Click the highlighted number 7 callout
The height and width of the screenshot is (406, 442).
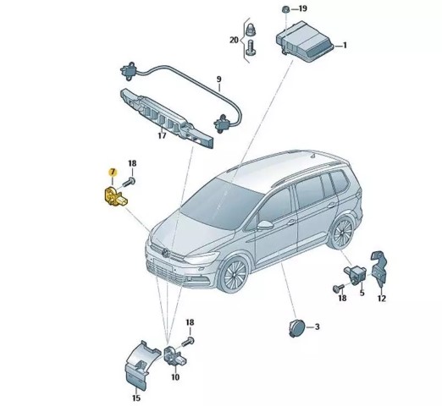point(113,171)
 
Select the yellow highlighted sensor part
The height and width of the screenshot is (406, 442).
point(114,197)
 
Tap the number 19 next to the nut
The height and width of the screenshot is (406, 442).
point(302,8)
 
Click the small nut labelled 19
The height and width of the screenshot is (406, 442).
point(285,9)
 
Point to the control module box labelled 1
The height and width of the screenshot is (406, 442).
point(304,41)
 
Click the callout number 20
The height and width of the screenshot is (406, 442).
point(234,40)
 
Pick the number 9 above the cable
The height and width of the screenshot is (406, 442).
point(219,80)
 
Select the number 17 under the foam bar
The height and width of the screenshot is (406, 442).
point(162,135)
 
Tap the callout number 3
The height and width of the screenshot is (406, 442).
point(317,326)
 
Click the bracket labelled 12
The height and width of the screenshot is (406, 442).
point(379,268)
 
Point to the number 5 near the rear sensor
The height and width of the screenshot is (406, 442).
point(362,293)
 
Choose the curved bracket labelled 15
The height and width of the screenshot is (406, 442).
point(139,365)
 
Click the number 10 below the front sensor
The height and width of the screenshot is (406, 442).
point(175,377)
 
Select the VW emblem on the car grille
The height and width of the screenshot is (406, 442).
point(166,253)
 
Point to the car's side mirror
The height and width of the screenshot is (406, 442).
point(265,225)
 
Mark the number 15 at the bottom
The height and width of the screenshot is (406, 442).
point(136,398)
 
